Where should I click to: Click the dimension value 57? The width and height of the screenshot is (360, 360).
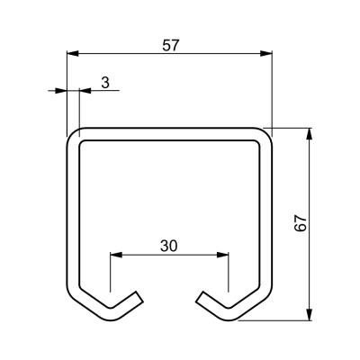[x=171, y=45]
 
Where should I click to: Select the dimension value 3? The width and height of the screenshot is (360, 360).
[x=105, y=83]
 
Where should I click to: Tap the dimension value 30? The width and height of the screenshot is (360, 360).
[x=169, y=246]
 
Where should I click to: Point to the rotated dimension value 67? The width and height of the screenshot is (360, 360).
[x=301, y=223]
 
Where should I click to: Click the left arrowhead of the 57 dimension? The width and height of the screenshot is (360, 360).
[x=73, y=54]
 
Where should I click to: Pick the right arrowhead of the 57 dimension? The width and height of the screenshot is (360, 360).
[x=266, y=54]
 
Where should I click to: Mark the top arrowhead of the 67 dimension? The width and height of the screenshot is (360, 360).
[x=310, y=134]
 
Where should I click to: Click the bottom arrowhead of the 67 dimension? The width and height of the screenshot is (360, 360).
[x=310, y=315]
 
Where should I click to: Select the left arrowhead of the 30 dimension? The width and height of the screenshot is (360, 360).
[x=116, y=255]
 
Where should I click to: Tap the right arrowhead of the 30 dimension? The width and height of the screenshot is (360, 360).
[x=223, y=255]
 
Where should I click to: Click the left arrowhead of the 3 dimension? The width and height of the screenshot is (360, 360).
[x=60, y=90]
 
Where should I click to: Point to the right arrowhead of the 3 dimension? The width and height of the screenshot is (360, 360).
[x=85, y=90]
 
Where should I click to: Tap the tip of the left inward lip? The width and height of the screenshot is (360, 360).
[x=139, y=297]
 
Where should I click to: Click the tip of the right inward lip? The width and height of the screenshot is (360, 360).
[x=199, y=297]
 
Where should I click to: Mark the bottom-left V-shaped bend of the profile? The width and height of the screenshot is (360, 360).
[x=110, y=314]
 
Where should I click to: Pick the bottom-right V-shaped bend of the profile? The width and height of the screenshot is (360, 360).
[x=230, y=314]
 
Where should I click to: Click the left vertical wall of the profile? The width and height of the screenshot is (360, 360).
[x=73, y=214]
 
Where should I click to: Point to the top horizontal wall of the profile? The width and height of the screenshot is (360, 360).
[x=169, y=134]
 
